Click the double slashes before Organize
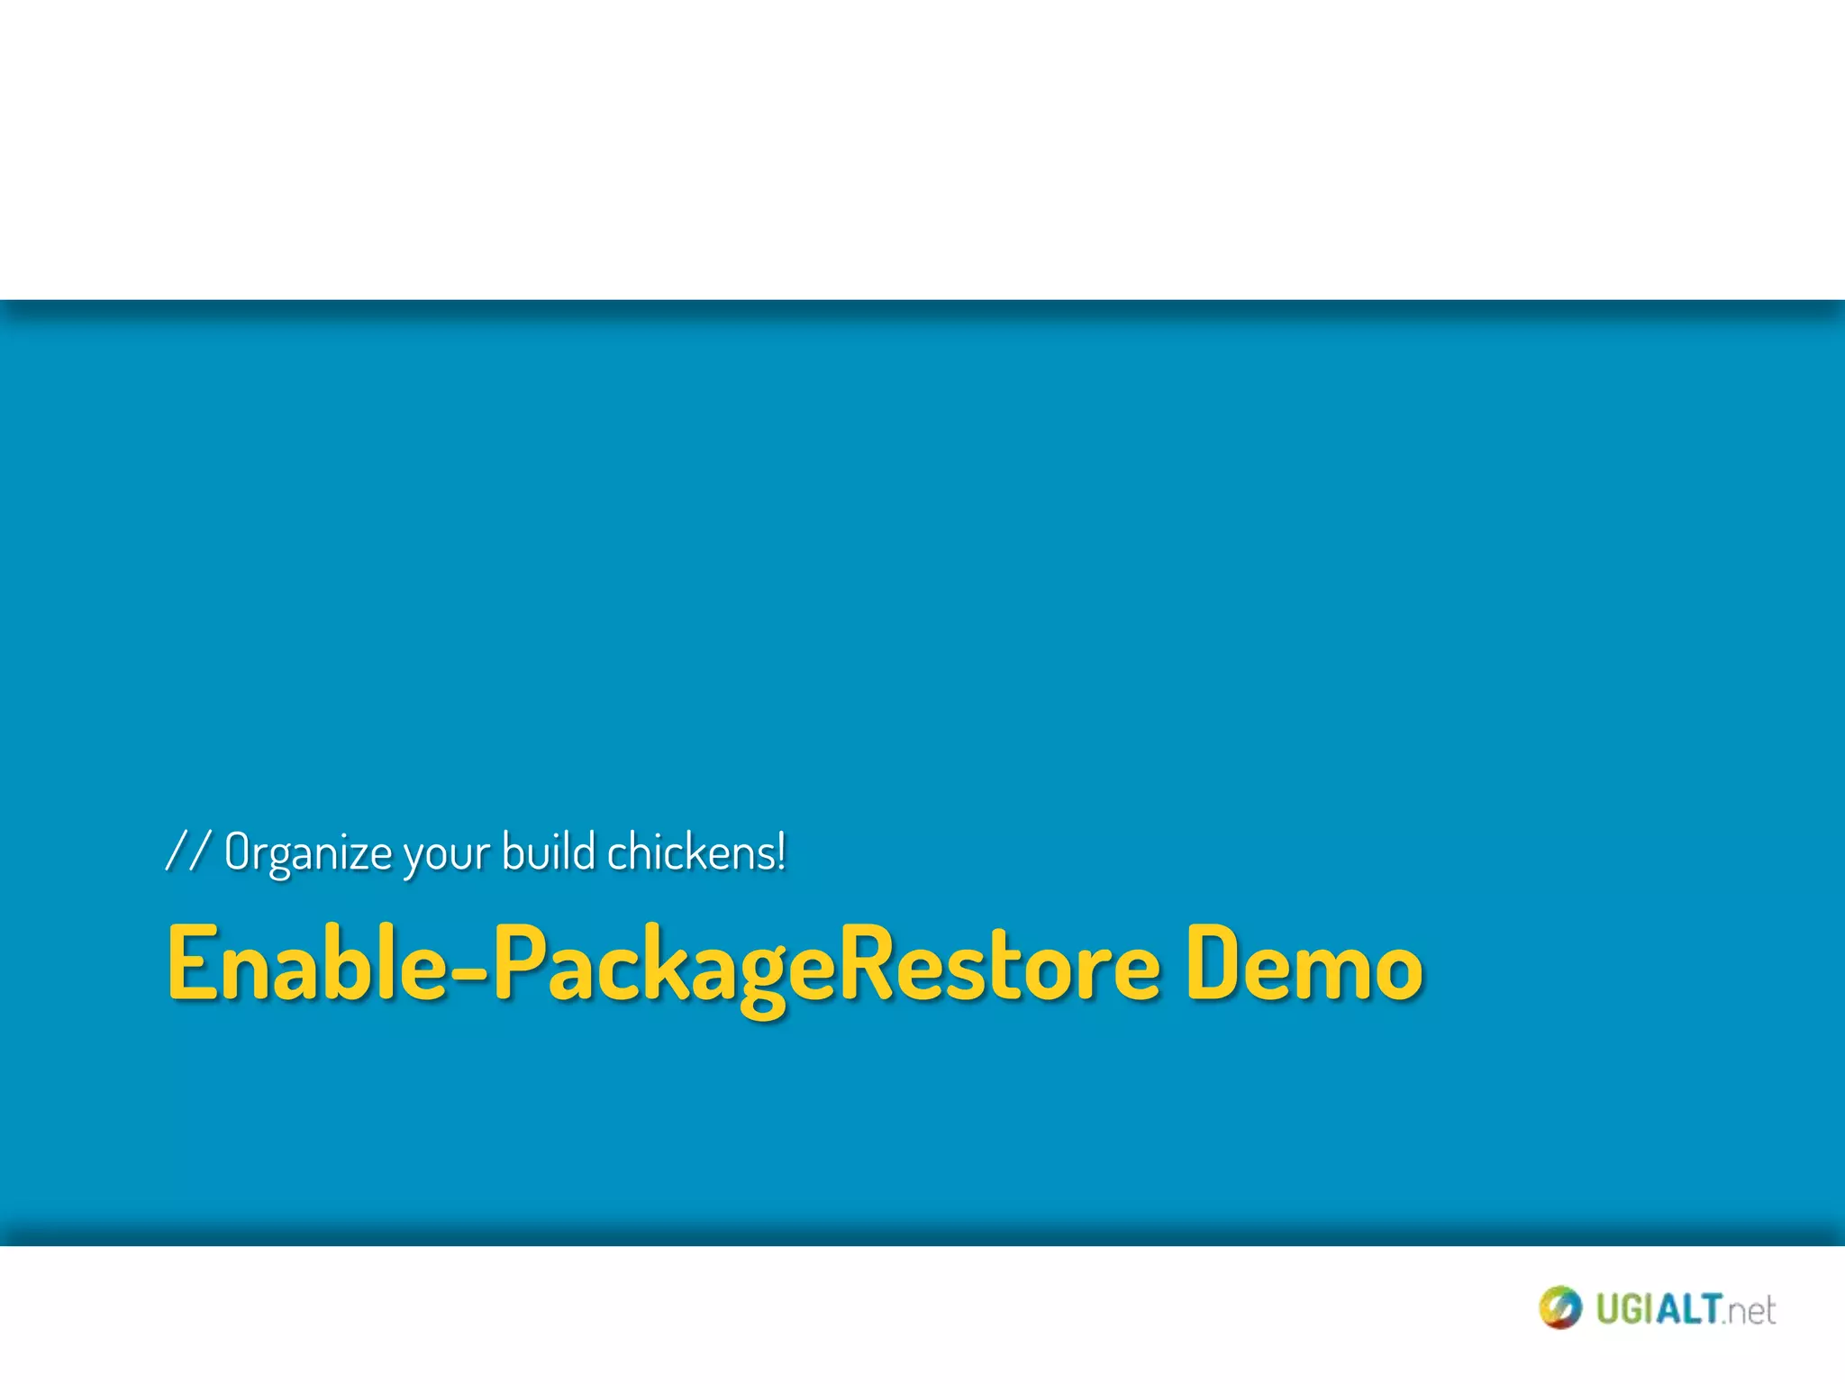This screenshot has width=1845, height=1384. pyautogui.click(x=188, y=851)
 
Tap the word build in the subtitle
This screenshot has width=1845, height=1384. pyautogui.click(x=548, y=851)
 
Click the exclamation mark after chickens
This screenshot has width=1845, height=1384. pyautogui.click(x=781, y=851)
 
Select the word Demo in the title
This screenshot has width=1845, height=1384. pyautogui.click(x=1303, y=964)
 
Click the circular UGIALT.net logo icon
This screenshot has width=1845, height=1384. pyautogui.click(x=1559, y=1307)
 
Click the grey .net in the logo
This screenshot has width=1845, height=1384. pyautogui.click(x=1750, y=1311)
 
